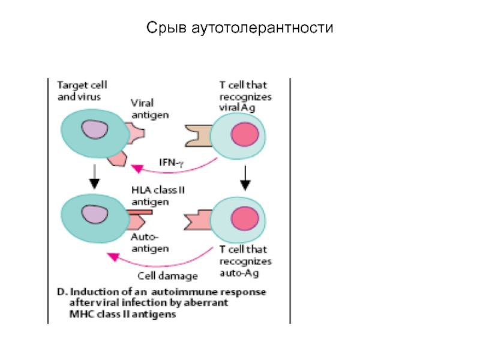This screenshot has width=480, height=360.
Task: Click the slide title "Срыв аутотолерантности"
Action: coord(239,28)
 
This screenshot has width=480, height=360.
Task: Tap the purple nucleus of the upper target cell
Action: coord(95,129)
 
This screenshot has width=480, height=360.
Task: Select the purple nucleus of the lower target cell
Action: coord(95,214)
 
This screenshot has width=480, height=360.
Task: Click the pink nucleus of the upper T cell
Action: coord(245,134)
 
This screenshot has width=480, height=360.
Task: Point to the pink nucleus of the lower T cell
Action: coord(245,218)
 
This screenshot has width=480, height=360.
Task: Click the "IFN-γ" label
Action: coord(172,163)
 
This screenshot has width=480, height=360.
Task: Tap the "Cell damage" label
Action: coord(168,276)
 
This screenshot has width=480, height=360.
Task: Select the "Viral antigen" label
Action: coord(149,109)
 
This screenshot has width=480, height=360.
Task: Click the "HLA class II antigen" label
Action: coord(158,196)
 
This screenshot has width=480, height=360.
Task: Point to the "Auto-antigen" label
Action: coord(149,243)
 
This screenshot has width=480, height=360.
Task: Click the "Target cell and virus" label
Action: coord(82,91)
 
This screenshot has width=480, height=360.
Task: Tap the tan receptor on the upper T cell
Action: coord(199,136)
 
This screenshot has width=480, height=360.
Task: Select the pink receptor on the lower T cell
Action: coord(198,220)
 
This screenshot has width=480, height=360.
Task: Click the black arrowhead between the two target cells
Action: coord(94,184)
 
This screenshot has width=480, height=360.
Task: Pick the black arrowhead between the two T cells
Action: coord(245,185)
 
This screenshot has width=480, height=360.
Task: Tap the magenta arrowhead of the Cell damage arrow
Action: coord(112,257)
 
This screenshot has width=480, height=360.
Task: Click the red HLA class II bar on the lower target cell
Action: coord(140,212)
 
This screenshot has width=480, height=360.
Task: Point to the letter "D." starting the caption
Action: coord(62,292)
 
